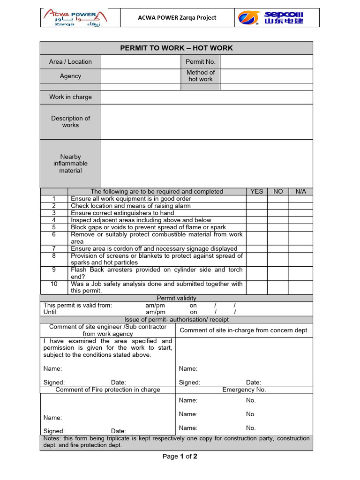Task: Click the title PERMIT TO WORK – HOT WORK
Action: coord(176,48)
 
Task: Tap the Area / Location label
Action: coord(70,61)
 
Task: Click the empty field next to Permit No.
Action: coord(266,61)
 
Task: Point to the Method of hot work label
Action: coord(200,76)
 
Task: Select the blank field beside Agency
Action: coord(140,76)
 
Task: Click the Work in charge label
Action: coord(70,97)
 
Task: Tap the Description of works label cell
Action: coord(70,122)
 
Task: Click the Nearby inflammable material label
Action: coord(70,164)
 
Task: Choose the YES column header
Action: coord(257,191)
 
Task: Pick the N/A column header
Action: coord(300,191)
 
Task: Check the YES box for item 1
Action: coord(257,199)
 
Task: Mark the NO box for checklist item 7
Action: coord(278,248)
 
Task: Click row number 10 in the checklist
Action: coord(54,284)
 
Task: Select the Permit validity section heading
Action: coord(176,298)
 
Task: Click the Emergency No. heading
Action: coord(244,390)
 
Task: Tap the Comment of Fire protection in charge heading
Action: coord(108,390)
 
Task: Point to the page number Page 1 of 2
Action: coord(180,457)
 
